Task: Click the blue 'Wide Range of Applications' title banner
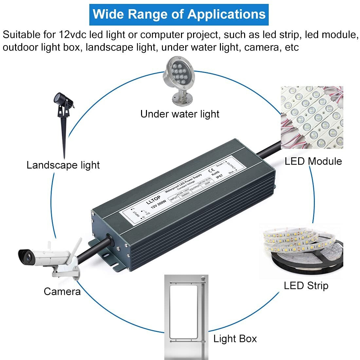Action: tap(179, 14)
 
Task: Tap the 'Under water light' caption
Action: tap(180, 114)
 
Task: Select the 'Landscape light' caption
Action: tap(63, 165)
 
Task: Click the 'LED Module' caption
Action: tap(313, 161)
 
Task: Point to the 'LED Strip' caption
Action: tap(306, 285)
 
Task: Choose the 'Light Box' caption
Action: tap(235, 338)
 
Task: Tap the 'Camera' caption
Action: tap(62, 291)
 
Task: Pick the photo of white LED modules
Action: tap(312, 117)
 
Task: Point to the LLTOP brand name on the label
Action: tap(153, 200)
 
